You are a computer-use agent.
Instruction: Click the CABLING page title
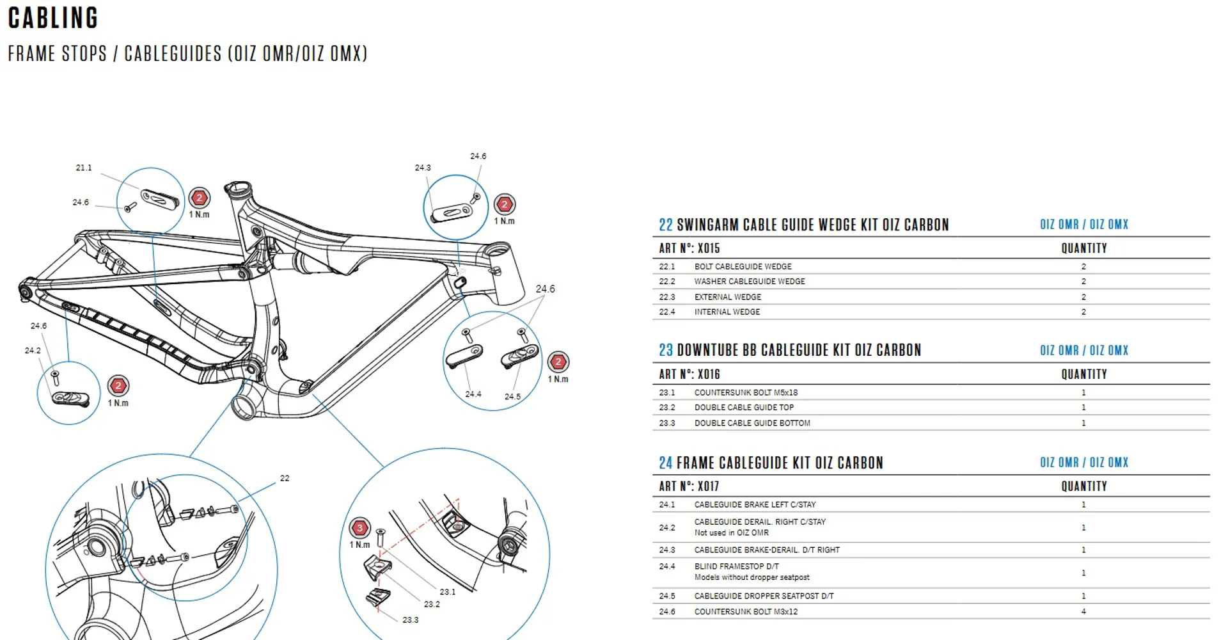point(53,18)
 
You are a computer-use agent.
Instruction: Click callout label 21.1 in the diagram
point(84,168)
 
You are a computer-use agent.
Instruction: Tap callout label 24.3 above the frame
point(423,168)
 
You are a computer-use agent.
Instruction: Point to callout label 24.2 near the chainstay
point(33,351)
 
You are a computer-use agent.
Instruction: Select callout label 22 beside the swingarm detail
point(285,478)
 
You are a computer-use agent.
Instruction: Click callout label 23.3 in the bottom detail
point(411,620)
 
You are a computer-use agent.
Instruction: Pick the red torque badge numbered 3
point(359,528)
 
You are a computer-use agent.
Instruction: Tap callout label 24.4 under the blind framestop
point(473,394)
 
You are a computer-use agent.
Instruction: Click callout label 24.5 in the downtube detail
point(512,397)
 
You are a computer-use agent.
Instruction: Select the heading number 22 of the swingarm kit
point(666,225)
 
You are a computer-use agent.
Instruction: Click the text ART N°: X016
point(689,374)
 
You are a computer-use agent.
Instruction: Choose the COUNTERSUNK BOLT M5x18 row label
point(746,392)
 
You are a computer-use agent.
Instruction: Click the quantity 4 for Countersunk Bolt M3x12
point(1083,612)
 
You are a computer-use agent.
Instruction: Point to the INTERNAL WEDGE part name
point(727,312)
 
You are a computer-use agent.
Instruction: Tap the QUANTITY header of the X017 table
point(1084,486)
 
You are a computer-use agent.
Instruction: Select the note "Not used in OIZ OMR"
point(732,532)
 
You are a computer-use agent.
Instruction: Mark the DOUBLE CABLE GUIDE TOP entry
point(744,407)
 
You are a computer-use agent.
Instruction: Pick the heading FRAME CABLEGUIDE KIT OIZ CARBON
point(780,463)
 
